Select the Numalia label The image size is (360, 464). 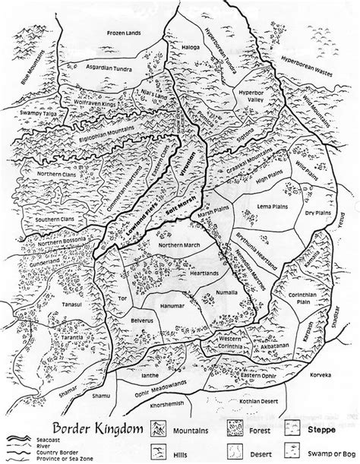coord(207,290)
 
